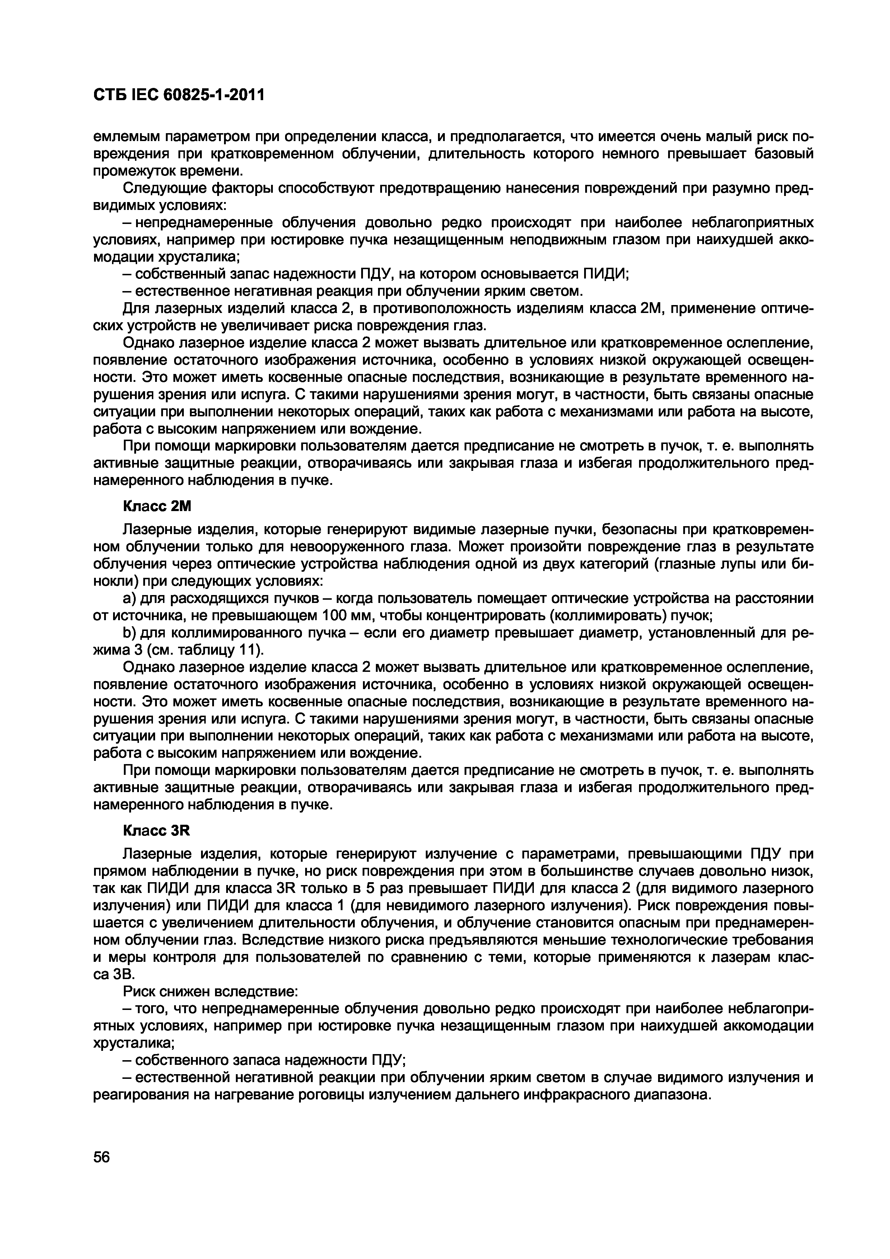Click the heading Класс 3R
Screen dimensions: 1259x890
156,831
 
